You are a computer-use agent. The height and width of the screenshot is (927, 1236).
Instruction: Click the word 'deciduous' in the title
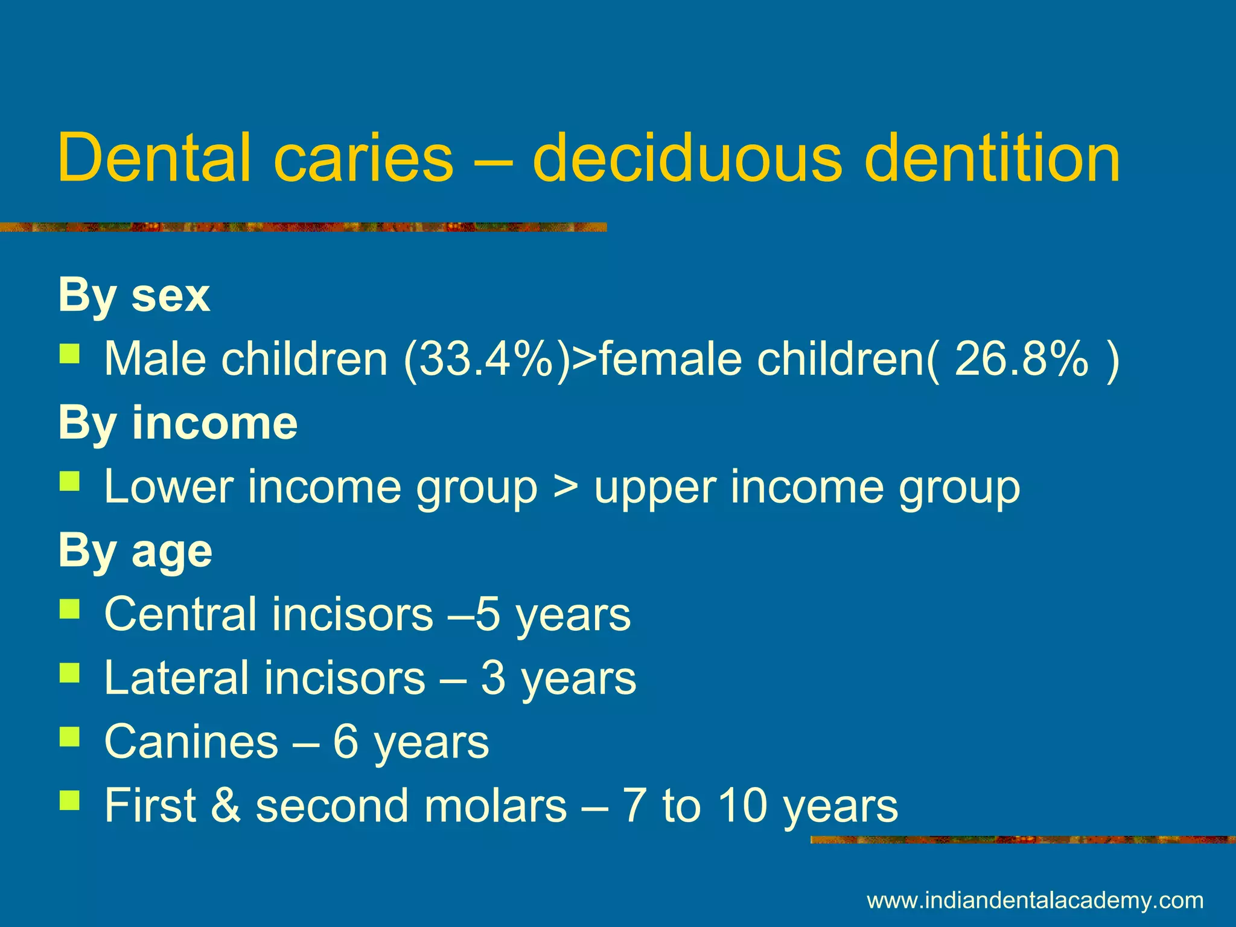click(x=686, y=158)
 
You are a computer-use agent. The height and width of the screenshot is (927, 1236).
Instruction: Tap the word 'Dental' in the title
click(x=154, y=158)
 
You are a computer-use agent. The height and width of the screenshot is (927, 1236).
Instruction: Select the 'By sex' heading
click(x=134, y=296)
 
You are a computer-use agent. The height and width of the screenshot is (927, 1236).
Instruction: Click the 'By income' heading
click(x=178, y=423)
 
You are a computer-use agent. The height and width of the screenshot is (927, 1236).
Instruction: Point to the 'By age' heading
click(x=135, y=551)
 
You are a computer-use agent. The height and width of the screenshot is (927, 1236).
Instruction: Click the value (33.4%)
click(x=486, y=359)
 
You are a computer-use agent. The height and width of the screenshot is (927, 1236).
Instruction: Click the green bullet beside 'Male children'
click(x=69, y=354)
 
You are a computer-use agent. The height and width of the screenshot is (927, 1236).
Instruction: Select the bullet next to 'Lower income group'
click(x=69, y=482)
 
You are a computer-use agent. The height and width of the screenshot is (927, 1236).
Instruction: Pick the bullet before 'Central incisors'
click(x=69, y=609)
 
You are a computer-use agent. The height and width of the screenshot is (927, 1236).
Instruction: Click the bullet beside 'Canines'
click(x=69, y=736)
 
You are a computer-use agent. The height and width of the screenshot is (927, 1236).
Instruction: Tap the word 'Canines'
click(x=191, y=742)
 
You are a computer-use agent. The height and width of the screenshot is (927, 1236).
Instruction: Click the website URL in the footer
click(x=1035, y=900)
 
